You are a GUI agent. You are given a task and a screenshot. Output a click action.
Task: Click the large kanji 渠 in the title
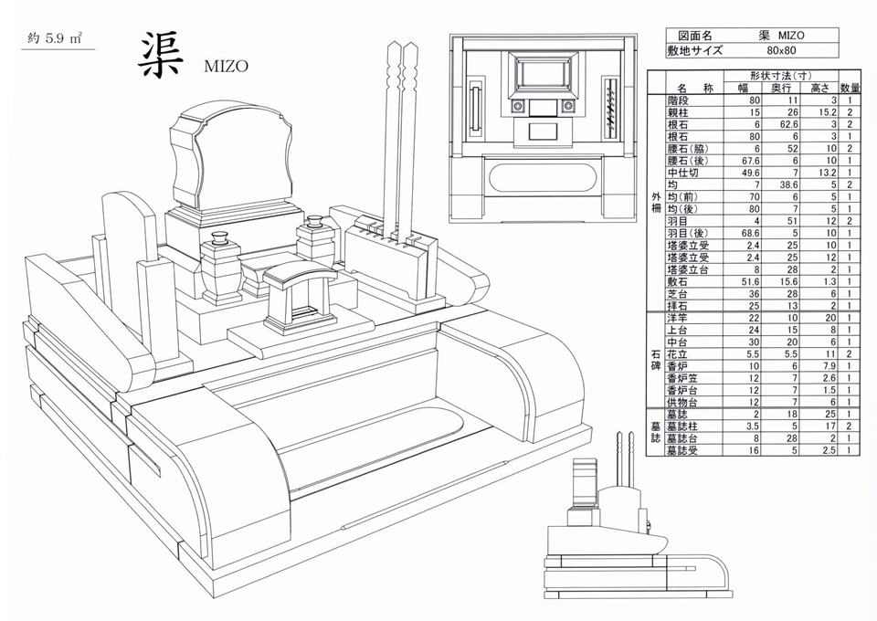pyautogui.click(x=160, y=55)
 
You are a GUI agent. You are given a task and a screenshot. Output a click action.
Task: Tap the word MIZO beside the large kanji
pyautogui.click(x=226, y=67)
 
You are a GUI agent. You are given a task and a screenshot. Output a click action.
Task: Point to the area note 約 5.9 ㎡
pyautogui.click(x=56, y=38)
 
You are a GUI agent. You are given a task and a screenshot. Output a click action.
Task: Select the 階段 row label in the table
pyautogui.click(x=678, y=100)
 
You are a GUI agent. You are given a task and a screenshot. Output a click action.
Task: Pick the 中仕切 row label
pyautogui.click(x=683, y=173)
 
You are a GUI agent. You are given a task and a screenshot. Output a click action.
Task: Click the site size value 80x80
pyautogui.click(x=781, y=50)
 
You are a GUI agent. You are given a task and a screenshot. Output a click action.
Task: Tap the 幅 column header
pyautogui.click(x=743, y=88)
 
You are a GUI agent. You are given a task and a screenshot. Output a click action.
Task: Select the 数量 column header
pyautogui.click(x=850, y=88)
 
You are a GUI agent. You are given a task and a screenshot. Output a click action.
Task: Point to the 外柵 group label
pyautogui.click(x=656, y=203)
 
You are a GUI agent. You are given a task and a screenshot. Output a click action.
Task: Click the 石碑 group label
pyautogui.click(x=656, y=360)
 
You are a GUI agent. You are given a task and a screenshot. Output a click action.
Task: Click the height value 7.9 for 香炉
pyautogui.click(x=829, y=366)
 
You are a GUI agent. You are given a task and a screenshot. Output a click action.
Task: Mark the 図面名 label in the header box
pyautogui.click(x=694, y=36)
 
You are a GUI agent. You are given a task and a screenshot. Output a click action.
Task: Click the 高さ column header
pyautogui.click(x=819, y=88)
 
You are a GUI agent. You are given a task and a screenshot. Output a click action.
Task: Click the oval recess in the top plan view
pyautogui.click(x=542, y=178)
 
